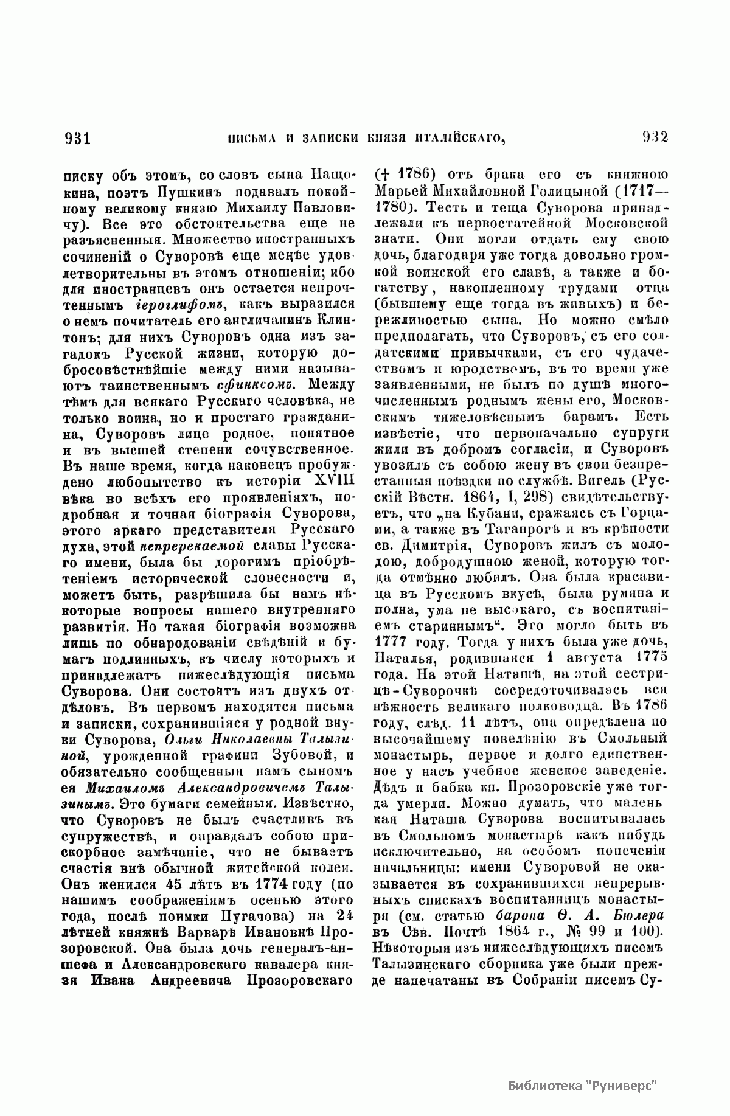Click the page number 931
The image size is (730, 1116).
77,137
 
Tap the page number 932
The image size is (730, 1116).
655,137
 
